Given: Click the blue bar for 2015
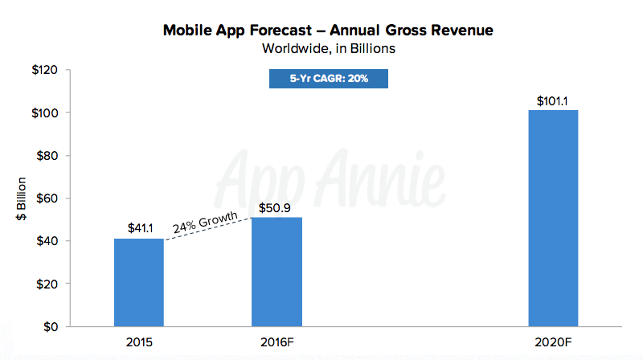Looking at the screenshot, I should coord(139,283).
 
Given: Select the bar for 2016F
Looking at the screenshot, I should coord(276,272).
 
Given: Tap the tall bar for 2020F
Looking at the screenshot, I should coord(552,219).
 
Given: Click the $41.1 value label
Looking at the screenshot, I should coord(140,228).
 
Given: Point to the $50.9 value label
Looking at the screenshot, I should coord(276,207).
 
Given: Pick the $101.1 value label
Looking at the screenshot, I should coord(553,100).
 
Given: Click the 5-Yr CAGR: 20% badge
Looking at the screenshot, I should coord(328,79).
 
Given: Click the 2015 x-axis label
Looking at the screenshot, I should coord(139,342).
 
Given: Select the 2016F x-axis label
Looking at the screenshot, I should coord(276,342).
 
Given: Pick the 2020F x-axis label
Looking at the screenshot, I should coord(553,342).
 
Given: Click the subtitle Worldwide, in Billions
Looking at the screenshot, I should coord(328,48).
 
